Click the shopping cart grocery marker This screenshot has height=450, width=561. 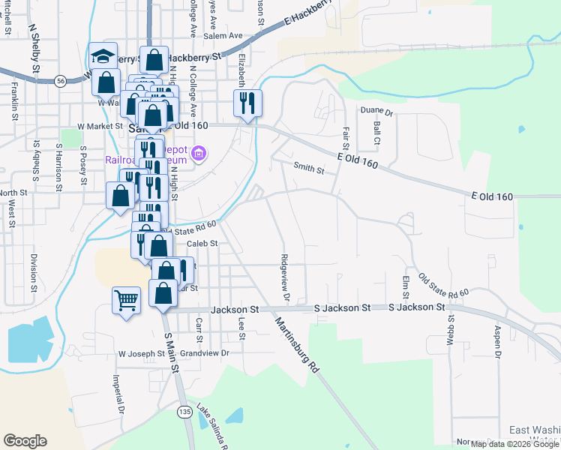tap(126, 301)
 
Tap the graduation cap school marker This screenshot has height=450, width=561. tap(103, 56)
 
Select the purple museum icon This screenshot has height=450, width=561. tap(199, 155)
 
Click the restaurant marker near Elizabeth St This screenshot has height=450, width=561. tap(247, 103)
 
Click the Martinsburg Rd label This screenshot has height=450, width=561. tap(297, 345)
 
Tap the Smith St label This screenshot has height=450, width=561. tap(308, 169)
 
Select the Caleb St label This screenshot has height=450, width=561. tap(202, 243)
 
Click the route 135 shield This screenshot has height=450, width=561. tap(185, 412)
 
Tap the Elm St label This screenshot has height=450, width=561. tap(405, 286)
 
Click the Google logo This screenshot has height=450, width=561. tap(25, 440)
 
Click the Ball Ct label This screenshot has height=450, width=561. tap(376, 134)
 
